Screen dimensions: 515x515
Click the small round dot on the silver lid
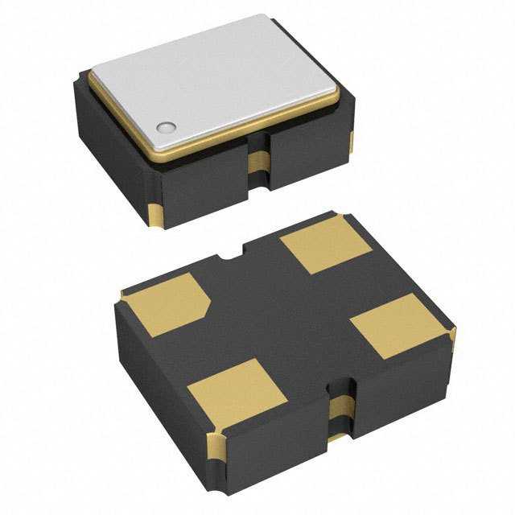(167, 126)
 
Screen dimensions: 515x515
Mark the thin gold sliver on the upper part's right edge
(351, 142)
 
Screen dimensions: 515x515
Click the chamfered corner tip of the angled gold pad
(207, 304)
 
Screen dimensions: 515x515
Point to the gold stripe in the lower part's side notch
(338, 410)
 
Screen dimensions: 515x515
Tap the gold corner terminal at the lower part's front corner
(218, 447)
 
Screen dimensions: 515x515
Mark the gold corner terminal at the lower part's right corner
(453, 338)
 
